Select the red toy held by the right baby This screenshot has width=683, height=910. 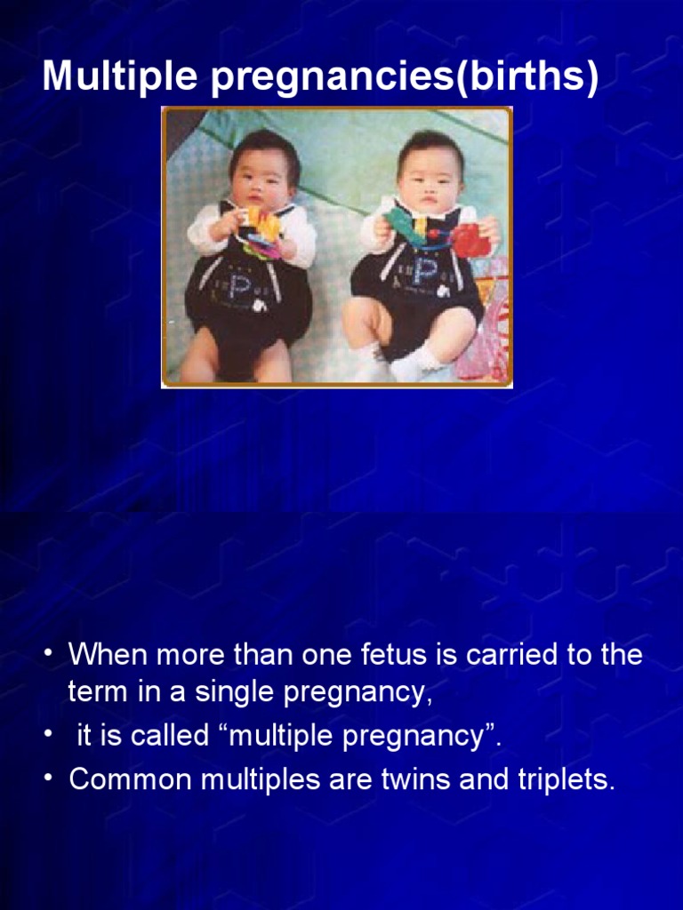coord(466,239)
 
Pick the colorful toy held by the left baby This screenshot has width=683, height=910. coord(261,233)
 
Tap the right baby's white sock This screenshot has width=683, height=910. coord(415,361)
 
